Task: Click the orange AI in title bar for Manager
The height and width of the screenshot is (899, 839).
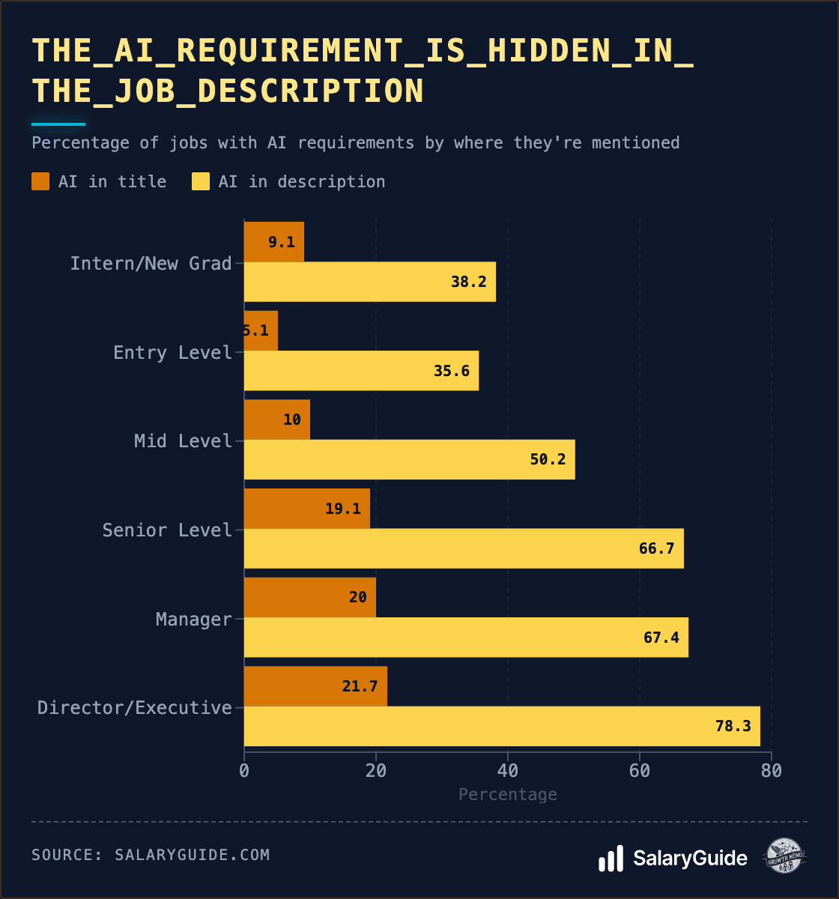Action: pyautogui.click(x=309, y=597)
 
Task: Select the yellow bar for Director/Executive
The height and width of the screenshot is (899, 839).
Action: pyautogui.click(x=502, y=726)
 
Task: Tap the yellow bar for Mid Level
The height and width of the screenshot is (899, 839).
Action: pyautogui.click(x=409, y=459)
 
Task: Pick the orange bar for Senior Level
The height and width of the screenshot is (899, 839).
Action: pyautogui.click(x=306, y=509)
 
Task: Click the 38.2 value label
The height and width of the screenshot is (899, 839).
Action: pyautogui.click(x=469, y=282)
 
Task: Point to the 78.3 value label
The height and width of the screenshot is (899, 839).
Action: pyautogui.click(x=733, y=726)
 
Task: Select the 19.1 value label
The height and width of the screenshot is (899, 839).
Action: pyautogui.click(x=343, y=509)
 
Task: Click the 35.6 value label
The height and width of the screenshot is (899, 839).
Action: pyautogui.click(x=452, y=371)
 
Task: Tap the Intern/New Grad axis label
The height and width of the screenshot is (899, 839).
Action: pyautogui.click(x=151, y=263)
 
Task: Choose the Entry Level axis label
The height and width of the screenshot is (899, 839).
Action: pyautogui.click(x=172, y=352)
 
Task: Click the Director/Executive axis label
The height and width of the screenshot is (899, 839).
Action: pyautogui.click(x=135, y=708)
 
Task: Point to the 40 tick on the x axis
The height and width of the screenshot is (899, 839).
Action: pyautogui.click(x=508, y=770)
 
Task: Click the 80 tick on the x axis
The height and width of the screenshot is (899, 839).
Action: pyautogui.click(x=771, y=770)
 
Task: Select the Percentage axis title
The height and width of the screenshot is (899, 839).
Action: pyautogui.click(x=508, y=794)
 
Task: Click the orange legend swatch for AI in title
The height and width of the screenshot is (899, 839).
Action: pyautogui.click(x=40, y=181)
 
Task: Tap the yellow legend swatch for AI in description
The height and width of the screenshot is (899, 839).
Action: pyautogui.click(x=201, y=181)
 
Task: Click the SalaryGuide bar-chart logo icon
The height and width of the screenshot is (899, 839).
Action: pyautogui.click(x=611, y=859)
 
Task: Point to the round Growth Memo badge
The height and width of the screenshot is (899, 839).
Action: pyautogui.click(x=784, y=856)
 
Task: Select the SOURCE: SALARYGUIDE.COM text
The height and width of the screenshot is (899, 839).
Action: pyautogui.click(x=151, y=855)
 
